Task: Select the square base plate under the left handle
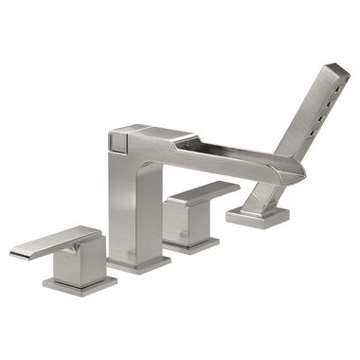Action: [81, 284]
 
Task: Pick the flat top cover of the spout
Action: [152, 131]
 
